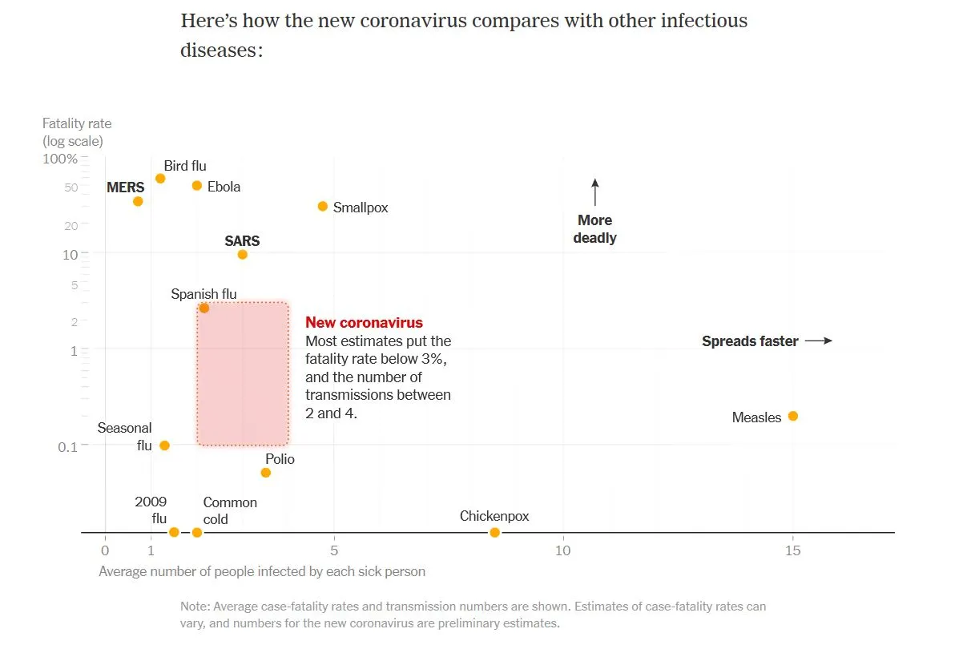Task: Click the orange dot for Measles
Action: coord(792,416)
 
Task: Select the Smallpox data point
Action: coord(323,206)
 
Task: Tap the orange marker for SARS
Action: coord(242,255)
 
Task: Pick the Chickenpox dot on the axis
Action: coord(494,533)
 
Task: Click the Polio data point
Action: coord(266,473)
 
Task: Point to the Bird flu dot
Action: coord(160,178)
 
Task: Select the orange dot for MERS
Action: coord(138,201)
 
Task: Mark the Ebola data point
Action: coord(197,186)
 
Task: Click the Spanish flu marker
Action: coord(203,308)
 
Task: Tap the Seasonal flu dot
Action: coord(164,445)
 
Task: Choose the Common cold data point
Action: coord(197,533)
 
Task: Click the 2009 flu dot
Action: coord(174,532)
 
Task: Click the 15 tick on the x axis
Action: coord(792,550)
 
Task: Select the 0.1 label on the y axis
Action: coord(67,445)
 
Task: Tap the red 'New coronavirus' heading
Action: coord(364,323)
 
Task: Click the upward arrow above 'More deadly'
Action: coord(594,192)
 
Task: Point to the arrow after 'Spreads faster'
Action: coord(818,341)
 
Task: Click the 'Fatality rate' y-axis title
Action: coord(77,123)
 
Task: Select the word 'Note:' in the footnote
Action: coord(195,607)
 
